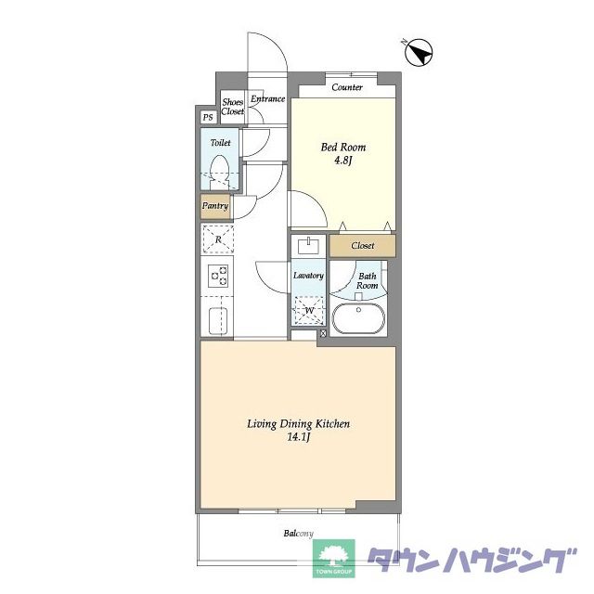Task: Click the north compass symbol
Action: click(419, 53)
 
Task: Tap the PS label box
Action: click(208, 118)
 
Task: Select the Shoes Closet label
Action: click(233, 107)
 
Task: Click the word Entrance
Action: click(268, 99)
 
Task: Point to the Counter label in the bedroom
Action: click(347, 87)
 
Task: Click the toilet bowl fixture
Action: click(220, 173)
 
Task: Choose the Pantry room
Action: click(215, 207)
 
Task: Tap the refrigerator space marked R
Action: click(218, 239)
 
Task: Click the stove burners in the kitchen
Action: click(218, 276)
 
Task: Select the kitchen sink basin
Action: click(218, 321)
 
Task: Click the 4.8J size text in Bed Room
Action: click(343, 161)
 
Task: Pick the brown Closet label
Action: click(363, 245)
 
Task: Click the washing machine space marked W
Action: click(309, 311)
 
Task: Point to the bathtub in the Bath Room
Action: click(358, 318)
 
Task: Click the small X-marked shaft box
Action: click(323, 334)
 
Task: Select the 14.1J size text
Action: click(299, 437)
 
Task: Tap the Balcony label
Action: click(299, 534)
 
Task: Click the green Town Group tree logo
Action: click(333, 559)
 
